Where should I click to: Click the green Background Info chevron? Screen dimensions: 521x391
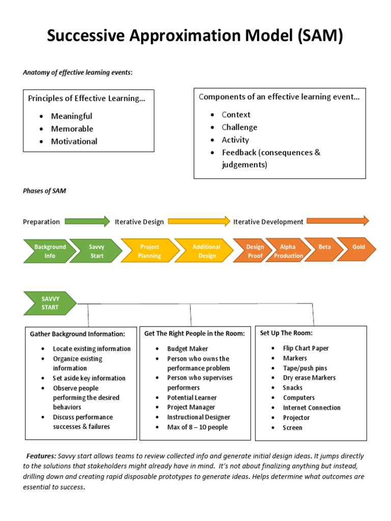tap(49, 251)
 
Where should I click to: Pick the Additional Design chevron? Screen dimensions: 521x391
tap(206, 251)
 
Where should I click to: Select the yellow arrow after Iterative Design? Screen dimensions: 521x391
tap(199, 221)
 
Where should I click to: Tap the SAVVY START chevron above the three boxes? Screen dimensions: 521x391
tap(49, 303)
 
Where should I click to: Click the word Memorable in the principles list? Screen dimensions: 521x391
tap(72, 129)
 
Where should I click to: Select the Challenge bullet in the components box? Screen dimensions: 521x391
tap(239, 127)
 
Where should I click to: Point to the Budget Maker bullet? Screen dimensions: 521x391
tap(187, 349)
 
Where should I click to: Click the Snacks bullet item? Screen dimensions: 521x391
tap(293, 388)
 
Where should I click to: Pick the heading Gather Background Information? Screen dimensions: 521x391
tap(77, 334)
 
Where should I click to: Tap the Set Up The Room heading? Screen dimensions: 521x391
tap(286, 333)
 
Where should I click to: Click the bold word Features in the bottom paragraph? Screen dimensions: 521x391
tap(41, 456)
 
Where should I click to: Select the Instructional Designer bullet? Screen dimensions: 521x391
tap(199, 417)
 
